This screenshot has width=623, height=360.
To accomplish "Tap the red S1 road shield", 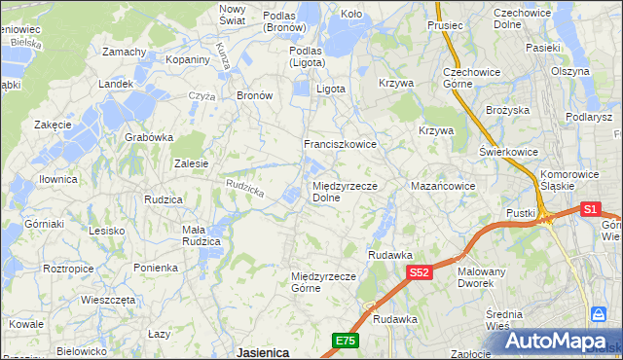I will [x=590, y=208].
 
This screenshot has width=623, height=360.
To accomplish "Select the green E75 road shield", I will [x=345, y=340].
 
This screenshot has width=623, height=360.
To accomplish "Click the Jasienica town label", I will [x=262, y=352].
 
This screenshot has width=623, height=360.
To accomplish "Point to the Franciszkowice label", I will [x=340, y=144].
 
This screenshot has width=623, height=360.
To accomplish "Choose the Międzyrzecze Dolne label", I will [x=345, y=191].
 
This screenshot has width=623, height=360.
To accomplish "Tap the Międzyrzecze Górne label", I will [x=326, y=281].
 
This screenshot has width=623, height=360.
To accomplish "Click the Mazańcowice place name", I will [x=443, y=185].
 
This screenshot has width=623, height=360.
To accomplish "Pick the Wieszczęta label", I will [x=108, y=300].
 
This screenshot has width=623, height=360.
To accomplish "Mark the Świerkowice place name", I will [x=509, y=153].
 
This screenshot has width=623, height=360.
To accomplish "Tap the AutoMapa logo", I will [x=565, y=341].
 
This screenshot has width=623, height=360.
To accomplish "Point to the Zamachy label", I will [x=124, y=52].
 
